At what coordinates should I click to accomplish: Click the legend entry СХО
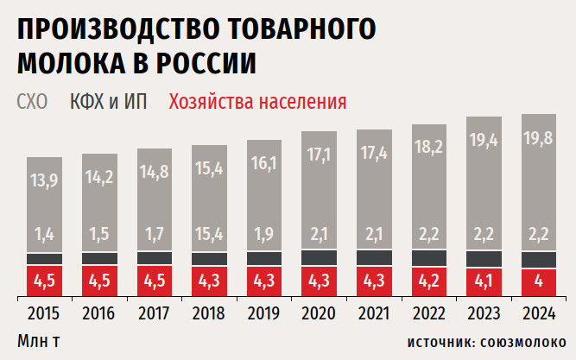32,102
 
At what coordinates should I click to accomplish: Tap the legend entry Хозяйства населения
258,102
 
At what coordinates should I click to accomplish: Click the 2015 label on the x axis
43,312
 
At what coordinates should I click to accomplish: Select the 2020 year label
318,312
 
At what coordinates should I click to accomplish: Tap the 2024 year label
538,312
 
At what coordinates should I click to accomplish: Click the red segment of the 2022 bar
428,281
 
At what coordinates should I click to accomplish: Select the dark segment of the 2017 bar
153,258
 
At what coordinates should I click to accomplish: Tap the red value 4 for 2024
538,281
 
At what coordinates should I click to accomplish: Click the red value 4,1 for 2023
483,281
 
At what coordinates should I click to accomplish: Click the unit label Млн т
39,339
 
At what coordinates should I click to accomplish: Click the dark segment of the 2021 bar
373,257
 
